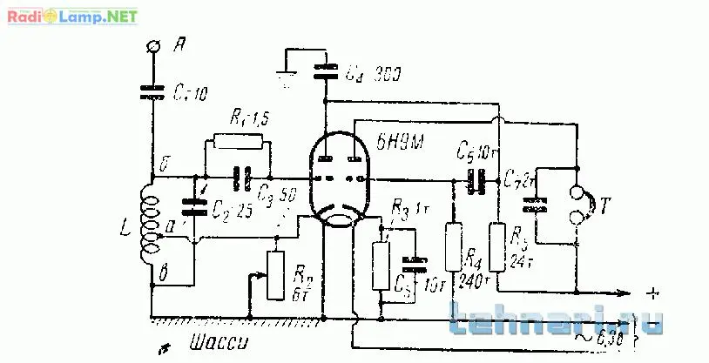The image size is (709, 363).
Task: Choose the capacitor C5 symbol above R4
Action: (476, 180)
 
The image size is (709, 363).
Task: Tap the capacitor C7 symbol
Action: (536, 206)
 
